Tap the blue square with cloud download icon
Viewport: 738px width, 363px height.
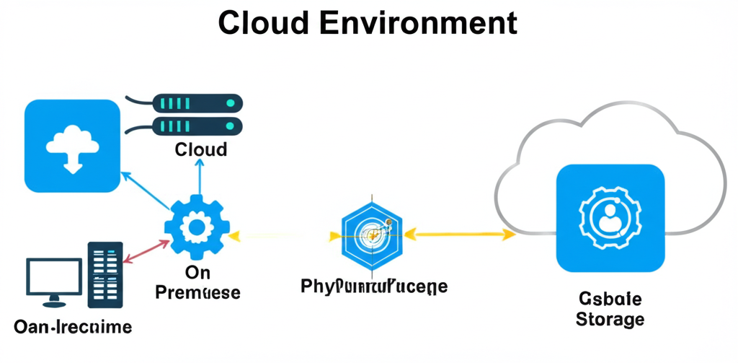[72, 146]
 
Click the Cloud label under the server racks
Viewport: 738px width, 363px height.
[200, 149]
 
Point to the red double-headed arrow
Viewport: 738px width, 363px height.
[145, 250]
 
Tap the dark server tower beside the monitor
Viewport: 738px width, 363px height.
[106, 274]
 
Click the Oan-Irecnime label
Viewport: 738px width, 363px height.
[73, 327]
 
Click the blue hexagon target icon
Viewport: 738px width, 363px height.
[371, 233]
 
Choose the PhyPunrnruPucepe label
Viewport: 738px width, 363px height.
[373, 287]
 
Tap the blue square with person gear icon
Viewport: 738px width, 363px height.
[610, 217]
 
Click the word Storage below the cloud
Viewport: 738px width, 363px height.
[610, 318]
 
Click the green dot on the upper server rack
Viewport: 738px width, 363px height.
[230, 103]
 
